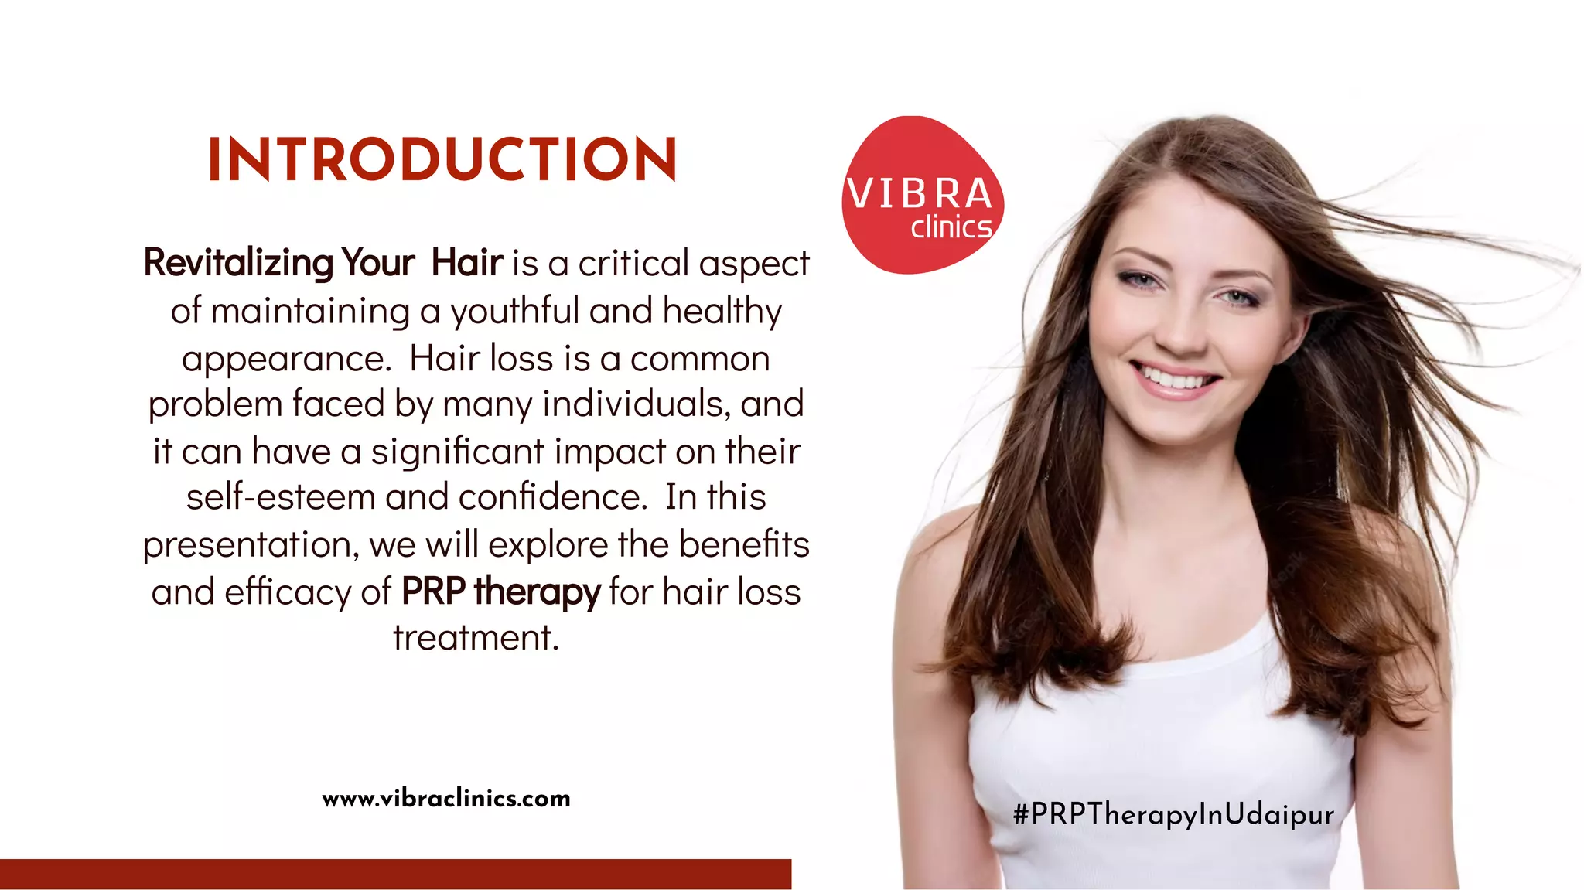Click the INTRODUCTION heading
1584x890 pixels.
click(442, 160)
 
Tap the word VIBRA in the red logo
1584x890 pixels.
click(919, 193)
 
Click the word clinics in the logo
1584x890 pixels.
click(951, 228)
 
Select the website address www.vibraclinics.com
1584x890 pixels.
click(446, 798)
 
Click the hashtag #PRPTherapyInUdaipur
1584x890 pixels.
click(1173, 814)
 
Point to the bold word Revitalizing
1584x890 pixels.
click(238, 263)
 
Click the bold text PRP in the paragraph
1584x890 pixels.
click(433, 592)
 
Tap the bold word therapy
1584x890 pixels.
click(537, 593)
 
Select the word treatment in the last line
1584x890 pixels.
click(475, 638)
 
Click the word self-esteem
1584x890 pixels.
click(281, 497)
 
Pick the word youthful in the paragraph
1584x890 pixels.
click(514, 312)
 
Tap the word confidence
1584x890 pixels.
click(552, 497)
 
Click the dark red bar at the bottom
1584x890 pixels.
click(395, 874)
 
